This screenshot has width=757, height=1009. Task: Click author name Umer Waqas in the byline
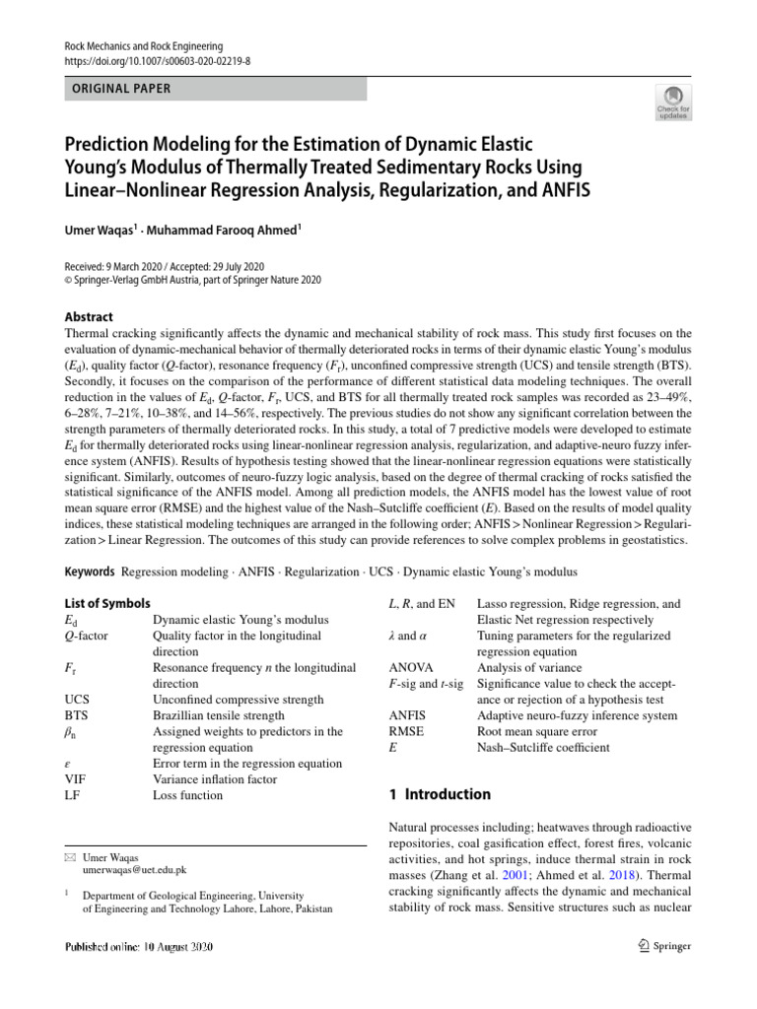pos(97,230)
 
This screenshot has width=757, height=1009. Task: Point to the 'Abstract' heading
pos(88,317)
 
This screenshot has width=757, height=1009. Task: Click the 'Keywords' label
pos(89,572)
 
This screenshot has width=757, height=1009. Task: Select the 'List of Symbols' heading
pos(106,603)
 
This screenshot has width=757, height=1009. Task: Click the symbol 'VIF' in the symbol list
pos(75,779)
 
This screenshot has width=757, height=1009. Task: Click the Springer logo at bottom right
pos(657,946)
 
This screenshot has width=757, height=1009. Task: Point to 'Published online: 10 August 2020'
pos(139,947)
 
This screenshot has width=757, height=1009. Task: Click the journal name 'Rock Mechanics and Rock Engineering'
pos(144,46)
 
